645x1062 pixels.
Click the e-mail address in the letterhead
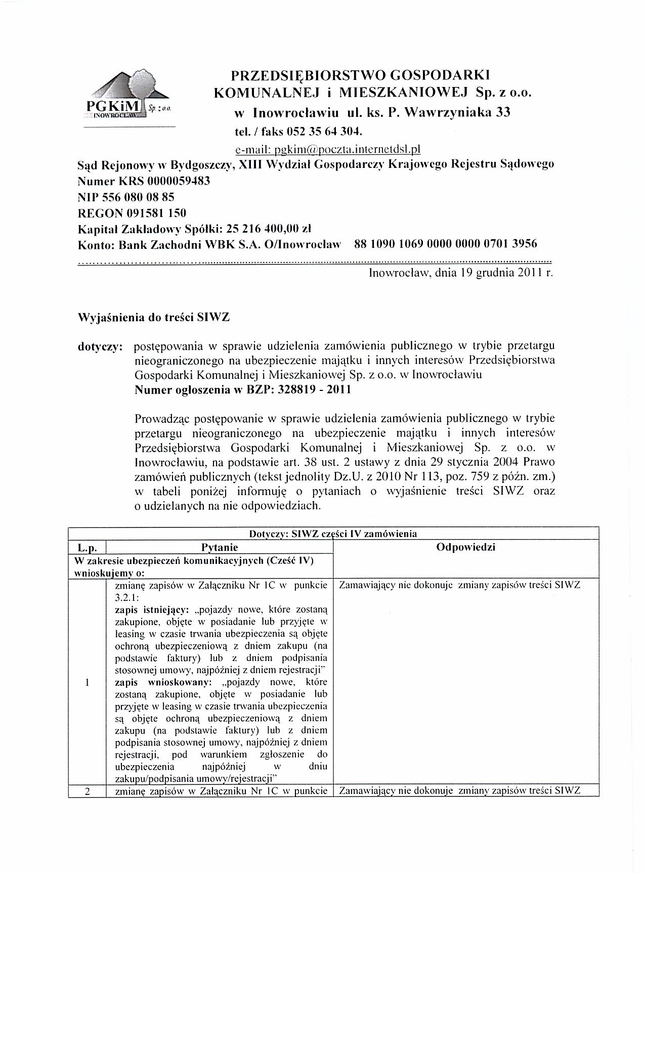pos(328,149)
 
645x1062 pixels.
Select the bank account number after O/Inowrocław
pos(446,244)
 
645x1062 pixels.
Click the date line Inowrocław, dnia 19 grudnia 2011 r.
pos(461,274)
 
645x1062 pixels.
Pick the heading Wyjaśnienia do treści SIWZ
pos(153,318)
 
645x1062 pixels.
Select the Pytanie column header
pos(219,547)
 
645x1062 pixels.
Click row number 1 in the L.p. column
pos(87,682)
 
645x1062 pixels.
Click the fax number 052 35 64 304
pos(324,131)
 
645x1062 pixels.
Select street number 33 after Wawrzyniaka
pos(502,112)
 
